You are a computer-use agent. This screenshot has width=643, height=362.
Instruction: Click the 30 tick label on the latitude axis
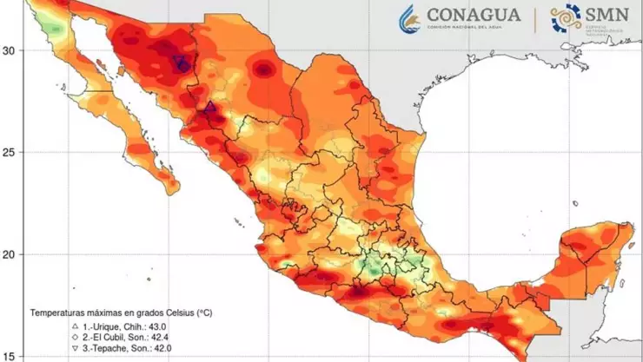pos(10,50)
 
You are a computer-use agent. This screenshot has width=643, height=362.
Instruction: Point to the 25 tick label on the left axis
pos(10,153)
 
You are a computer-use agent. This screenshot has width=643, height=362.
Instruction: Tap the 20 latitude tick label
pos(10,255)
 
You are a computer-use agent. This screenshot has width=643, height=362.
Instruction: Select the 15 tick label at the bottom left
pos(10,355)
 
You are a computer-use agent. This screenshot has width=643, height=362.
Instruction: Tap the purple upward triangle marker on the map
pos(209,107)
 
